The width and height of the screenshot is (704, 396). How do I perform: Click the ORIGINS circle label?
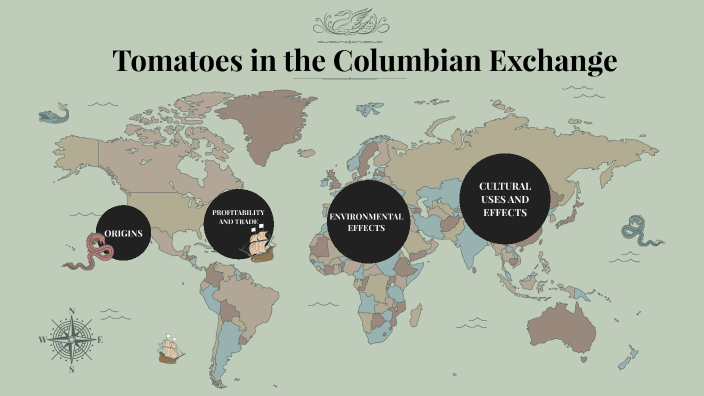pyautogui.click(x=124, y=233)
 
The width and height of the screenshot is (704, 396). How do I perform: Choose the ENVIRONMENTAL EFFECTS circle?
pyautogui.click(x=365, y=222)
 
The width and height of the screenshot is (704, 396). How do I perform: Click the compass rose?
pyautogui.click(x=71, y=339)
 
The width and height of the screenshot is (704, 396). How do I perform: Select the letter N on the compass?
pyautogui.click(x=71, y=311)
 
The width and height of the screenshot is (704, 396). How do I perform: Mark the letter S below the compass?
pyautogui.click(x=71, y=368)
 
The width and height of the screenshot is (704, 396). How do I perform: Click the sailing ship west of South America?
pyautogui.click(x=171, y=349)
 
